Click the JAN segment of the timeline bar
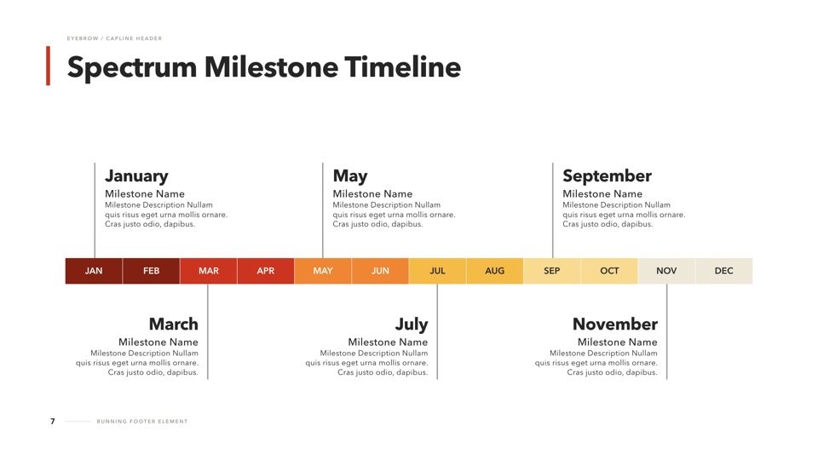[94, 271]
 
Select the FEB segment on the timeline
[152, 271]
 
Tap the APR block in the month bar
[266, 271]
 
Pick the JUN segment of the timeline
[380, 271]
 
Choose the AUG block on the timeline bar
[494, 271]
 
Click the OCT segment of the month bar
[609, 271]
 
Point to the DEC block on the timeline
[723, 271]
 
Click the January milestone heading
[136, 176]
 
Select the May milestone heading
[350, 176]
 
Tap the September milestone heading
[607, 176]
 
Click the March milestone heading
[174, 324]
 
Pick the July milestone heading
[412, 325]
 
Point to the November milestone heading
[615, 324]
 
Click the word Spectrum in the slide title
[132, 68]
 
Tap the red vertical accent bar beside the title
[48, 66]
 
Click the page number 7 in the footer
[52, 422]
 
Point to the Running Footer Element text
[142, 422]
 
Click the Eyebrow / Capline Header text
[114, 38]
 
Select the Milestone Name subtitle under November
[617, 342]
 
